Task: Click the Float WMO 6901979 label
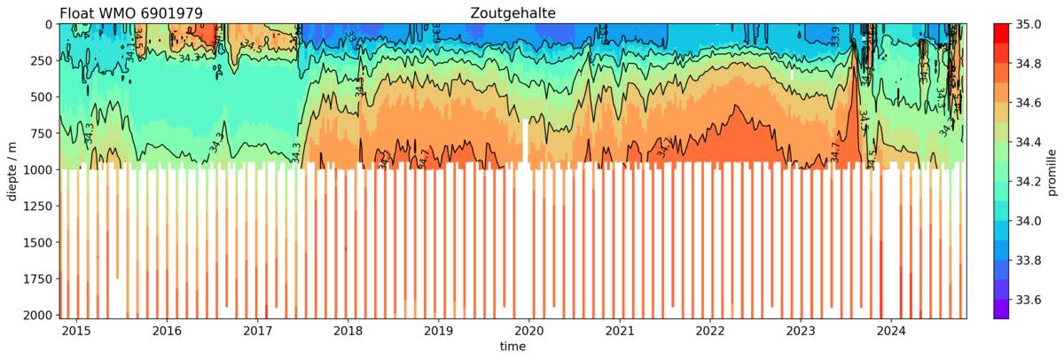[x=130, y=12]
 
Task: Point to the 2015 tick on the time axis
[x=76, y=331]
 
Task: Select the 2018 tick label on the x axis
[x=348, y=331]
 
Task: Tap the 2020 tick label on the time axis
[x=529, y=331]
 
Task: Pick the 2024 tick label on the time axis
[x=891, y=331]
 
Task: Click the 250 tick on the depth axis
[x=38, y=60]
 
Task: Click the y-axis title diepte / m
[x=12, y=170]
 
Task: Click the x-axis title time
[x=512, y=347]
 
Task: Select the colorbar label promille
[x=1052, y=170]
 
